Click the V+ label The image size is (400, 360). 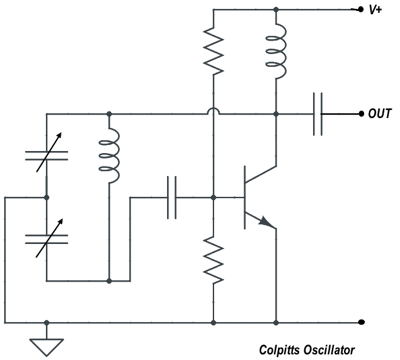click(x=375, y=10)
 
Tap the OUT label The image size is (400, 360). click(x=380, y=114)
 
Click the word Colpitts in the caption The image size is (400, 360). click(x=280, y=350)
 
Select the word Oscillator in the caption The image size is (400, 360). click(x=329, y=350)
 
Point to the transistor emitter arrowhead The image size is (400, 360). click(x=267, y=221)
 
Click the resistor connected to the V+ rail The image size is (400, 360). click(x=214, y=50)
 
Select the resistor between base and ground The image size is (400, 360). click(x=214, y=260)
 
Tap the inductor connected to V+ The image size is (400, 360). click(x=276, y=51)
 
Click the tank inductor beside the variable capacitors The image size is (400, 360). click(x=109, y=155)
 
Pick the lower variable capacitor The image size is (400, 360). click(x=47, y=239)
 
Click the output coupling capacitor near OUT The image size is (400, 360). click(x=318, y=114)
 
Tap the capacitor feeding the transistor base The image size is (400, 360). click(x=172, y=198)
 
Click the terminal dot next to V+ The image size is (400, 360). click(x=360, y=10)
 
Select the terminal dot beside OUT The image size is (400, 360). click(x=361, y=114)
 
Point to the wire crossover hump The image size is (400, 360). click(x=214, y=111)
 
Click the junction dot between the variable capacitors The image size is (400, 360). click(x=47, y=198)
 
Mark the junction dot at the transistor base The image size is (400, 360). click(x=214, y=198)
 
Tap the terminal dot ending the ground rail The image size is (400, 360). click(x=361, y=322)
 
